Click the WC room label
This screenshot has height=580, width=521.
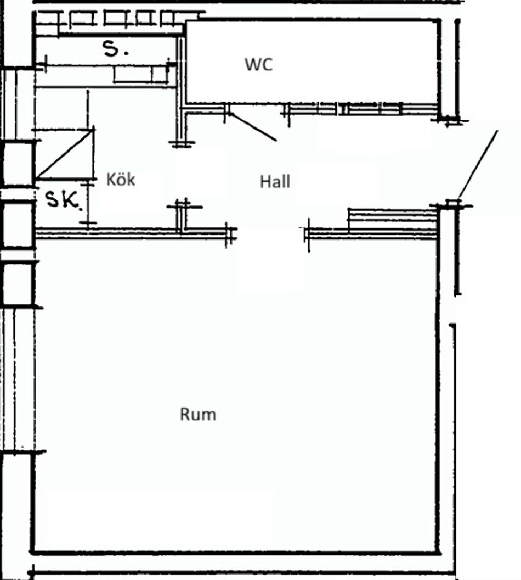pos(259,64)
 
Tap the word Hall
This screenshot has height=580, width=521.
pos(275,182)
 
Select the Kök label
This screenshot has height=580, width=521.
pos(121,180)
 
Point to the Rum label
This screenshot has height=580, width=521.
pos(197,414)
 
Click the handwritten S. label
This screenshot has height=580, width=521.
pos(116,50)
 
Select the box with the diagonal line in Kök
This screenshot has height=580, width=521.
pos(64,154)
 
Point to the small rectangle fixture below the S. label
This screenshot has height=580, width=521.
pos(140,74)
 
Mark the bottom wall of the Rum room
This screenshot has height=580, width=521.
pos(236,551)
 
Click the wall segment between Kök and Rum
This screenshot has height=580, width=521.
pos(110,234)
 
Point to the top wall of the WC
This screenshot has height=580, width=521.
pos(313,21)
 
